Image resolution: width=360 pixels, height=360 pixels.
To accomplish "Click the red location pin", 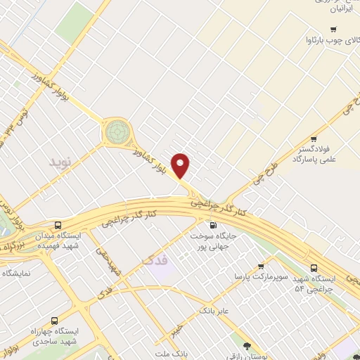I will coord(181,165).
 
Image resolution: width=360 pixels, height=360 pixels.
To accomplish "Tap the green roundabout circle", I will coord(115,131).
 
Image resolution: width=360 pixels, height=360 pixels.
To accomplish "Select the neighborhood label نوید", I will coord(60,162).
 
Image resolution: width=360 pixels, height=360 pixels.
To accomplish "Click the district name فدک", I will coord(155,261).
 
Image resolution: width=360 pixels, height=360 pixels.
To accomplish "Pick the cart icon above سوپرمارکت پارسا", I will coord(261,266).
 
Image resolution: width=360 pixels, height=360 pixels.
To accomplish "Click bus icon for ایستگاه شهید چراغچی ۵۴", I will coord(313,267).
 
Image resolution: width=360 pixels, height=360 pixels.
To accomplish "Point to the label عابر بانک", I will coord(215,309).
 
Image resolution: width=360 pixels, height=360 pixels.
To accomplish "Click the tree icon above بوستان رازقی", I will coord(247,345).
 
